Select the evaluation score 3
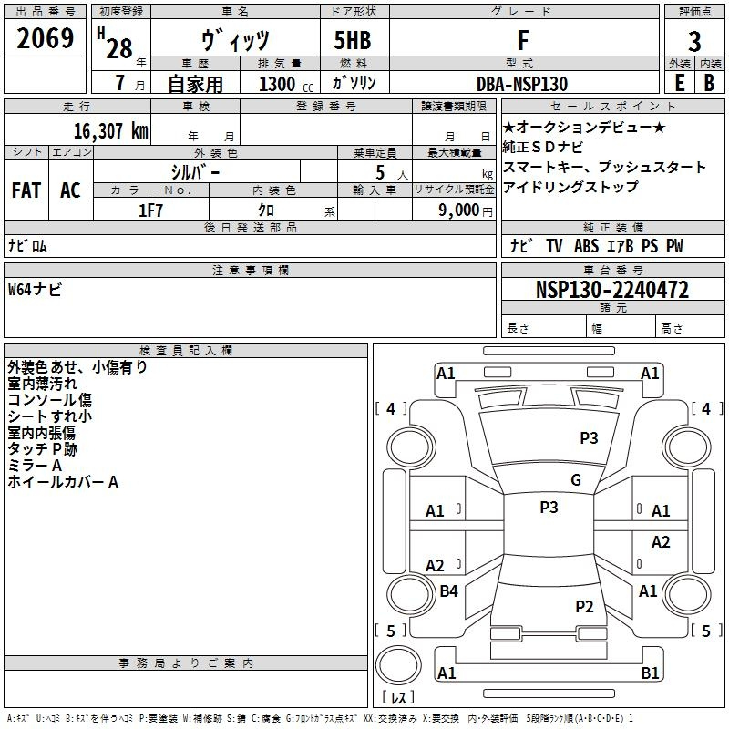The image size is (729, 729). point(694,42)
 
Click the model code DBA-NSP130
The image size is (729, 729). point(522,84)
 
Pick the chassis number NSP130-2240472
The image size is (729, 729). point(611,291)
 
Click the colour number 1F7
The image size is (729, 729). point(149,210)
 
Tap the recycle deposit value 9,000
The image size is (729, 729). point(457,210)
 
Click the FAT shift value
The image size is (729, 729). point(26,190)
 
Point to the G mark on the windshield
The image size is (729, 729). point(575,480)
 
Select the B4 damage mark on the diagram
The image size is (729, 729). point(448,591)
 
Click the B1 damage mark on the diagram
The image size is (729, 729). point(650,673)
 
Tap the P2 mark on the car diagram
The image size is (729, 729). point(584,606)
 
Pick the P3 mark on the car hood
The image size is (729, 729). point(589,438)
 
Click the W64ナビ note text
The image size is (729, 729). point(35,290)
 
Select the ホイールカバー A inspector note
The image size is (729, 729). point(63,482)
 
